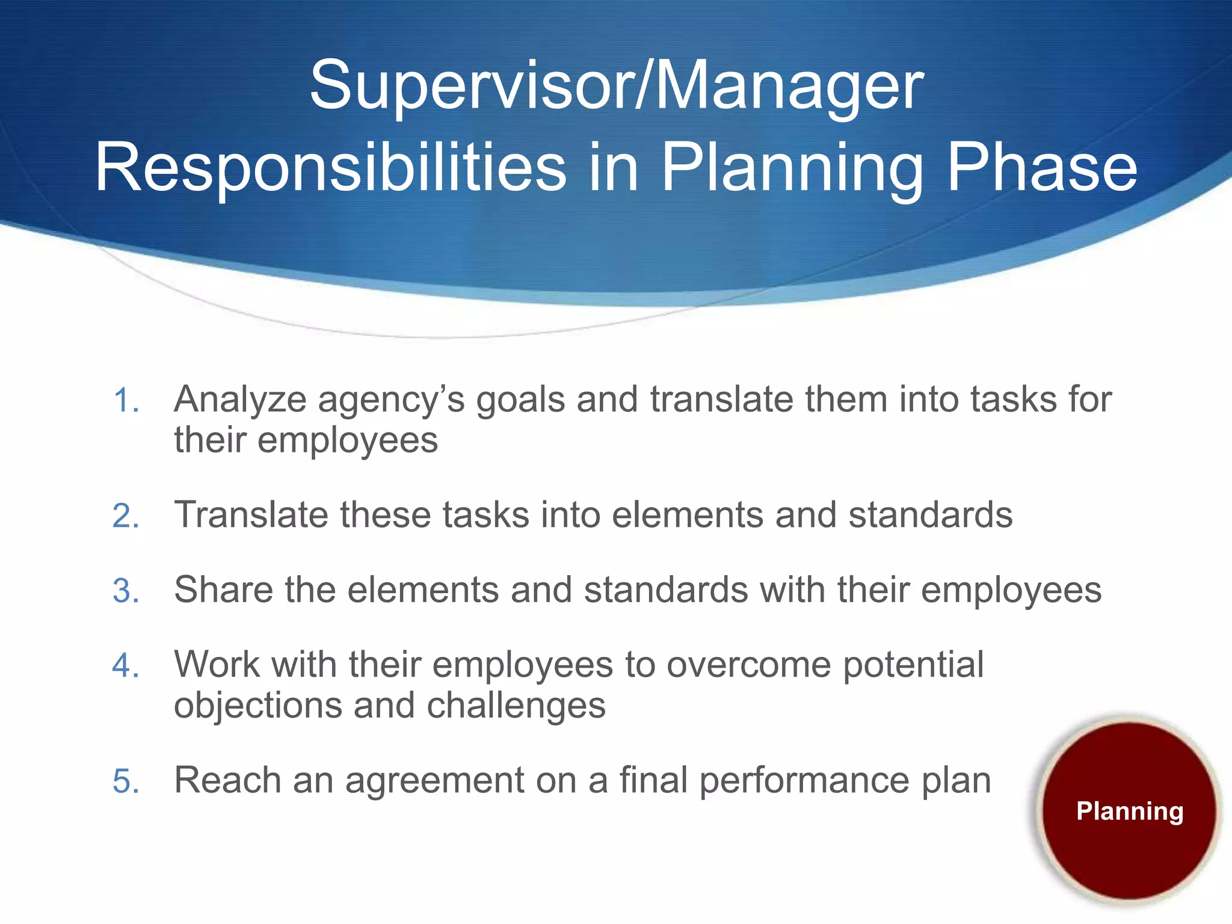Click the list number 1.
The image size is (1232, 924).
126,401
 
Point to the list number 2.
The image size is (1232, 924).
126,516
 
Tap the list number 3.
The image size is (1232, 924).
126,591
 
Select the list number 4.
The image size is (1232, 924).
126,666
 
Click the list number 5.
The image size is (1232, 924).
126,781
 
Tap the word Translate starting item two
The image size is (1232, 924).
251,515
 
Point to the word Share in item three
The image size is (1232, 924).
223,590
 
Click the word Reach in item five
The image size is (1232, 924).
227,780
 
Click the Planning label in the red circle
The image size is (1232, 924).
1130,812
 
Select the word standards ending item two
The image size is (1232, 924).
930,515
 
